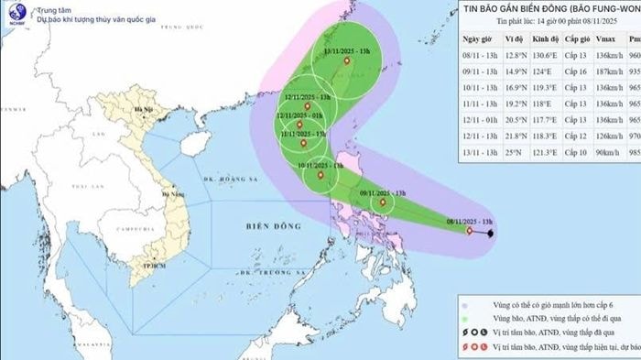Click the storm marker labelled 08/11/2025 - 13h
pyautogui.click(x=470, y=232)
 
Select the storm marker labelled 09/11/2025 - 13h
pyautogui.click(x=383, y=202)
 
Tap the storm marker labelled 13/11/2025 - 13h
pyautogui.click(x=346, y=61)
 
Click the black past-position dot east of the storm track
pyautogui.click(x=491, y=235)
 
